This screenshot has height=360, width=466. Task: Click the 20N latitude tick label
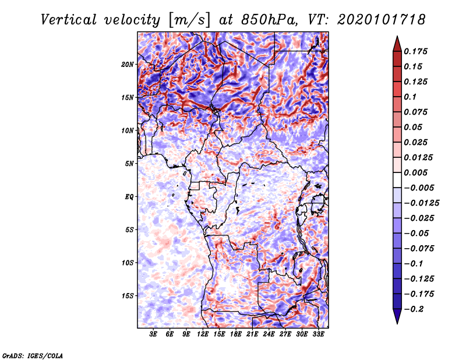tap(128, 65)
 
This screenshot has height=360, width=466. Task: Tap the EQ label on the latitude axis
tap(129, 197)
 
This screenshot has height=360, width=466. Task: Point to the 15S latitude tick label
tap(128, 296)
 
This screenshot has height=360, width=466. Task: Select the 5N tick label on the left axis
tap(129, 164)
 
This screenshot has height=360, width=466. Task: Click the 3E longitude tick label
tap(153, 334)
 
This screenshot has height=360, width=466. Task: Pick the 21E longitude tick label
tap(252, 334)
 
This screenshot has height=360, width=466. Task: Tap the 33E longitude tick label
tap(318, 334)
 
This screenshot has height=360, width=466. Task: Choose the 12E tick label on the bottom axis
tap(203, 334)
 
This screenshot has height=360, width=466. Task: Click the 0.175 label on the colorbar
tap(415, 51)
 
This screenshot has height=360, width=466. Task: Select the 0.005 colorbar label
tap(415, 172)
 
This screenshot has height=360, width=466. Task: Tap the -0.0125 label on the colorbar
tap(421, 203)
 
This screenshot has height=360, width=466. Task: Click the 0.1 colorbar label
tap(410, 97)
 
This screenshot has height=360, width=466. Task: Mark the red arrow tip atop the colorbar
tap(397, 37)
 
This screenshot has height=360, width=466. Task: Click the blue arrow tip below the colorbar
tap(397, 323)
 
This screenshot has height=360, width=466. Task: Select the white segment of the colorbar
tap(397, 180)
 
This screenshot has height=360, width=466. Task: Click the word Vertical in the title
tap(69, 20)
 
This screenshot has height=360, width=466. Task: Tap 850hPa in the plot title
tap(269, 20)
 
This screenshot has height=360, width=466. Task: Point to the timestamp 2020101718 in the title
tap(382, 20)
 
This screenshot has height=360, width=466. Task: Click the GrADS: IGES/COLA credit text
tap(33, 355)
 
